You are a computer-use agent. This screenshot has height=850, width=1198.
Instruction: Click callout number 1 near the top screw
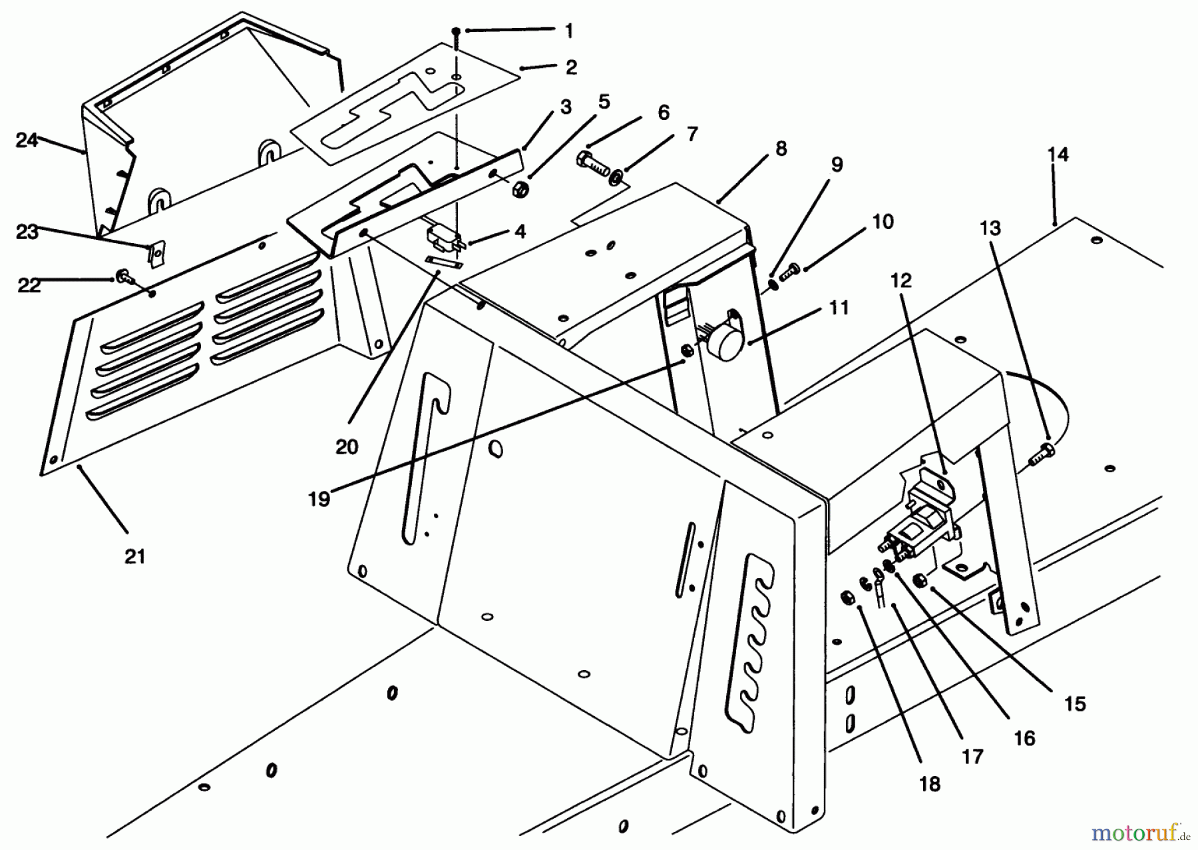(568, 30)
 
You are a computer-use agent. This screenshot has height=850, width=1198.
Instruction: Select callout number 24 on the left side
(27, 141)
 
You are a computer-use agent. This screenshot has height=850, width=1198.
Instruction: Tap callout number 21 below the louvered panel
(135, 556)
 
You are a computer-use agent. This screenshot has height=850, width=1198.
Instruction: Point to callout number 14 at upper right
(1058, 155)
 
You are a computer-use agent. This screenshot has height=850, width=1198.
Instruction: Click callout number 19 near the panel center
(319, 499)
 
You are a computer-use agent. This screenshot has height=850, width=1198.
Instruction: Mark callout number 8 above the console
(781, 149)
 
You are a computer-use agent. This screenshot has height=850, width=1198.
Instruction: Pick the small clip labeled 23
(156, 254)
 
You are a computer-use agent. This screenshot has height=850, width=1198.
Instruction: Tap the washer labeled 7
(617, 177)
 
